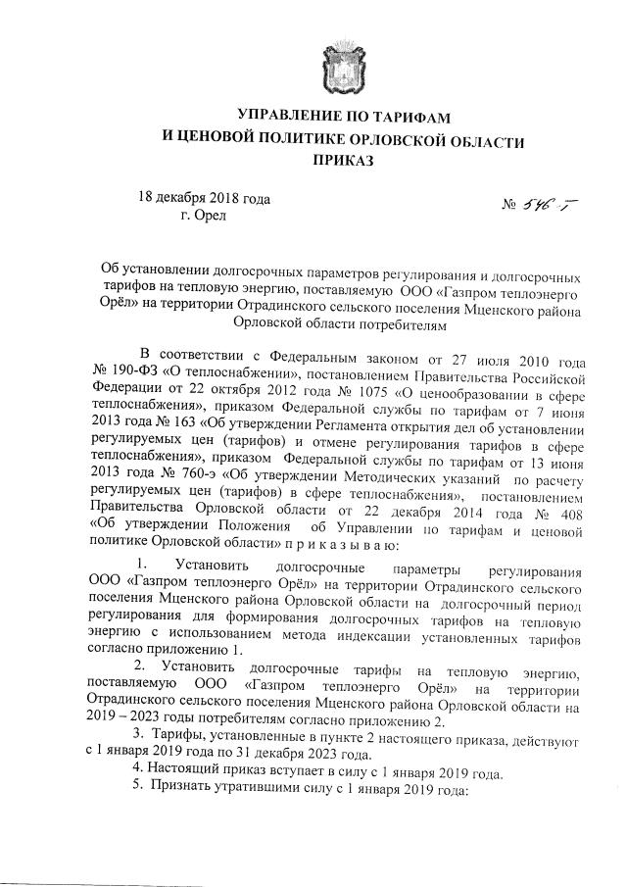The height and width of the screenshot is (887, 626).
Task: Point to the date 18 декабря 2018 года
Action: pyautogui.click(x=204, y=198)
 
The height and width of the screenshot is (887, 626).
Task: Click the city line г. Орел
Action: pyautogui.click(x=203, y=215)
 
